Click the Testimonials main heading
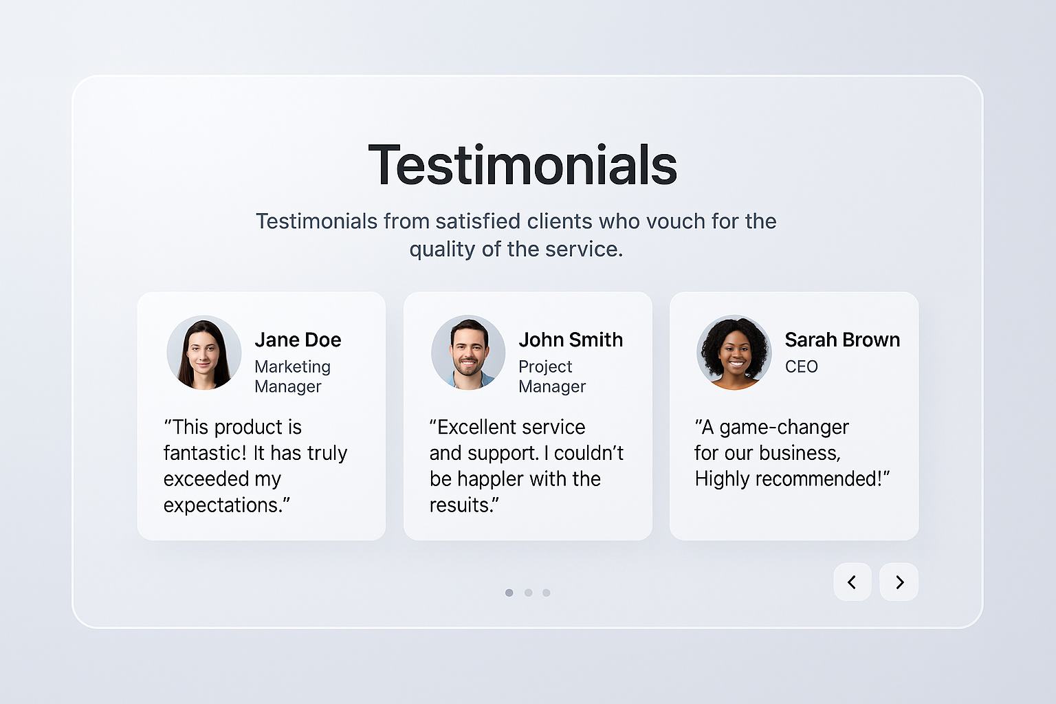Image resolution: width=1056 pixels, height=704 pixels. coord(522,164)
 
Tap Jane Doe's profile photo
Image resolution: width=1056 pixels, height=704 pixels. coord(204,352)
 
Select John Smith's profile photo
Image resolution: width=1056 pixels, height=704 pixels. coord(468,352)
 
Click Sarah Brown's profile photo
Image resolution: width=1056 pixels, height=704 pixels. coord(734,352)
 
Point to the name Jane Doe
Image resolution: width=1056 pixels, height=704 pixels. coord(298,340)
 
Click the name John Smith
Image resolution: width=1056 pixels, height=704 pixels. coord(571,340)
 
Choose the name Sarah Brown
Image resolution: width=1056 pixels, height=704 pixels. coord(842,340)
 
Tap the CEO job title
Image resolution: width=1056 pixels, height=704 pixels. coord(802,366)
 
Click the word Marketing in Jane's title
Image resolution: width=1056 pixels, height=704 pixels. coord(293,367)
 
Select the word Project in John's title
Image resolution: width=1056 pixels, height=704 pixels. coord(545,367)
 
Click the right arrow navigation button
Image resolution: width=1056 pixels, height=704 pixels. coord(899,582)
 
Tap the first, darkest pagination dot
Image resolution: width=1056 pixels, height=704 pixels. coord(509,593)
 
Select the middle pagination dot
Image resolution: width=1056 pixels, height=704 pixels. coord(529,593)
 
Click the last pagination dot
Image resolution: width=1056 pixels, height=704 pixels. coord(547,593)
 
